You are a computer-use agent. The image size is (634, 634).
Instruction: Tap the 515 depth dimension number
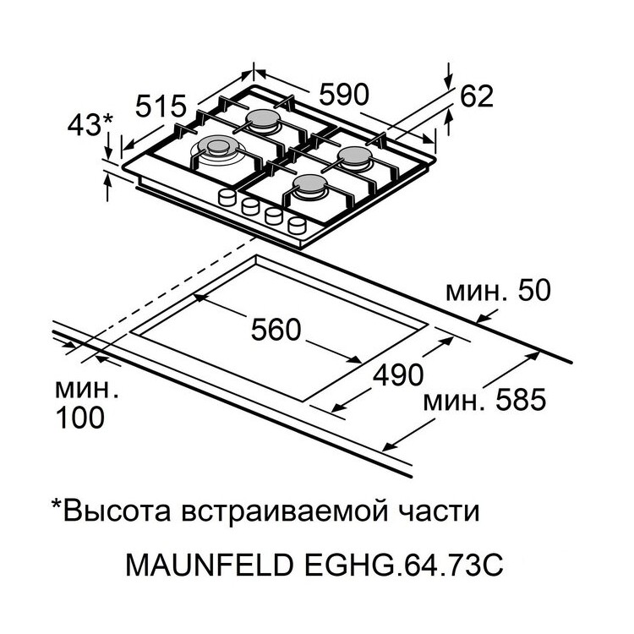click(x=161, y=107)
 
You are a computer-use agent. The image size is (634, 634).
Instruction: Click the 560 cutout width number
click(x=276, y=330)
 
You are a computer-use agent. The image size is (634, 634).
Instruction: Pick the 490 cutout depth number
click(x=396, y=374)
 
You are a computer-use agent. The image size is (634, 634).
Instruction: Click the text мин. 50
click(x=498, y=291)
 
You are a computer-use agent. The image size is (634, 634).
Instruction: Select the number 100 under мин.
click(x=81, y=417)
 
